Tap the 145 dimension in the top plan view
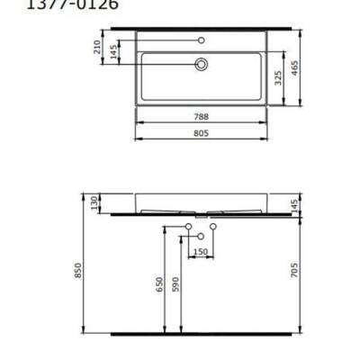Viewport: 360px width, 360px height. (x=113, y=51)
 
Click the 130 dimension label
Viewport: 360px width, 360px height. (x=94, y=202)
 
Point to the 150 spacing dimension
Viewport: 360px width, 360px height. (x=201, y=251)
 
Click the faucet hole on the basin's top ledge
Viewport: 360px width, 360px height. (x=202, y=40)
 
